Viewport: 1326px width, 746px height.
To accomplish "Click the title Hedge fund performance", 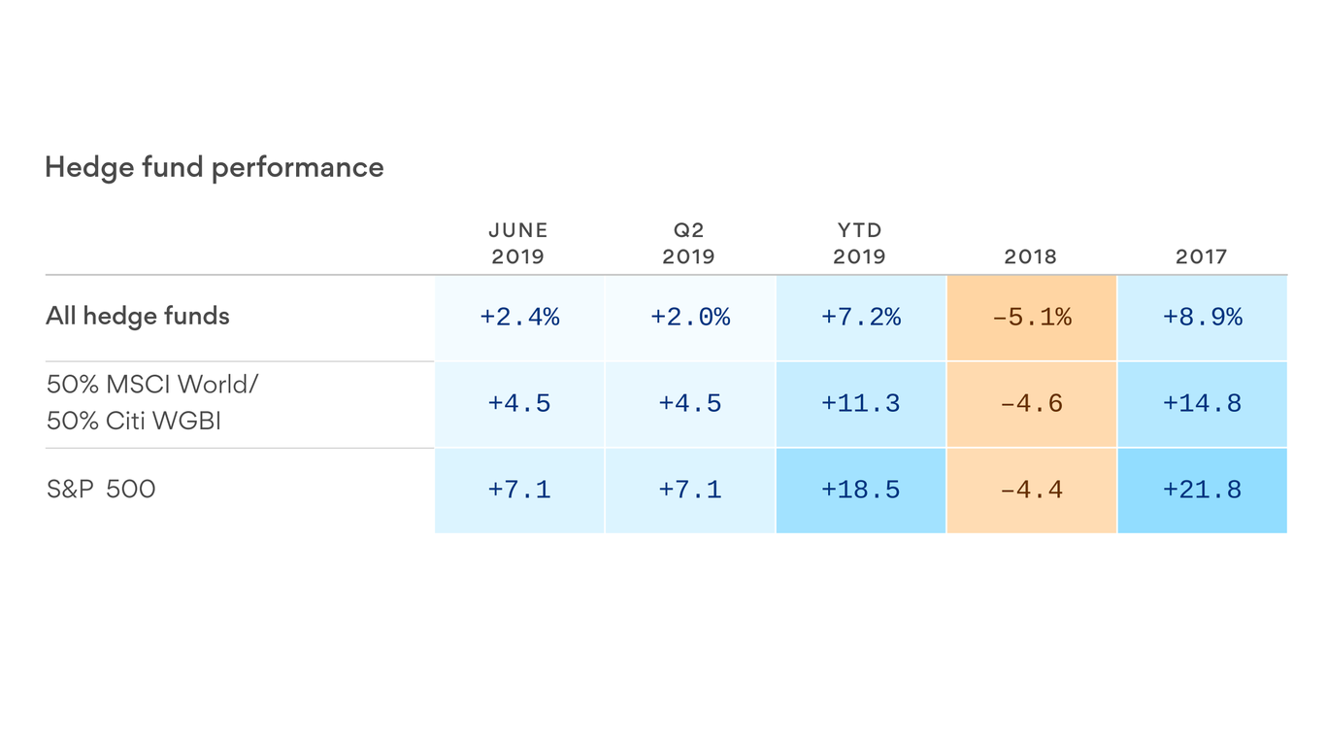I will pos(215,167).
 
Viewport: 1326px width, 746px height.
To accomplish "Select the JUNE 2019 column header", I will pos(518,243).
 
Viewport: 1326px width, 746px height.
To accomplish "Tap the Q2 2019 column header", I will pos(689,243).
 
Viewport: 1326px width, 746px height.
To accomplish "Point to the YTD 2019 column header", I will pos(860,243).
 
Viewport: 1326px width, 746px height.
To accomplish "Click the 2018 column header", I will pos(1031,256).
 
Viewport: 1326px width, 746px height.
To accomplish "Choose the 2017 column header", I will pos(1202,256).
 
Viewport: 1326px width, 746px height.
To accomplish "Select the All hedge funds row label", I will pos(138,316).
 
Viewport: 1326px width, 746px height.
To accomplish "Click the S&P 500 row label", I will pos(101,489).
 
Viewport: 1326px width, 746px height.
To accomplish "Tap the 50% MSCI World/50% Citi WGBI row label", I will pos(152,402).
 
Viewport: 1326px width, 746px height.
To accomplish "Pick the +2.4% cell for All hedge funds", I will pos(519,317).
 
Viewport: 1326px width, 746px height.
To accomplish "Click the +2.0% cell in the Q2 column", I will pos(690,317).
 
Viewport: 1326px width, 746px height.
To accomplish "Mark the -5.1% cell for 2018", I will pos(1032,317).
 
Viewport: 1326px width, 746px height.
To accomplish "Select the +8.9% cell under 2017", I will pos(1203,317).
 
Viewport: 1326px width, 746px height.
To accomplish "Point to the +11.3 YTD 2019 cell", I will pos(861,403).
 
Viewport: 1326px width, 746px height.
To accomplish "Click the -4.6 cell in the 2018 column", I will pos(1032,403).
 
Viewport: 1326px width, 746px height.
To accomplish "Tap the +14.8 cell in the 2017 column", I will pos(1203,403).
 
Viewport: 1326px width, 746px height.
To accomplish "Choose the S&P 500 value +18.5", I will pos(861,490).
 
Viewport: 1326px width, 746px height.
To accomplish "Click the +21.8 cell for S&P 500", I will pos(1203,490).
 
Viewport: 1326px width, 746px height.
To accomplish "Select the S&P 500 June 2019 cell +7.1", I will pos(519,490).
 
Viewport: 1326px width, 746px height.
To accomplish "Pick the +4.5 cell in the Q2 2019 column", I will pos(690,403).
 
